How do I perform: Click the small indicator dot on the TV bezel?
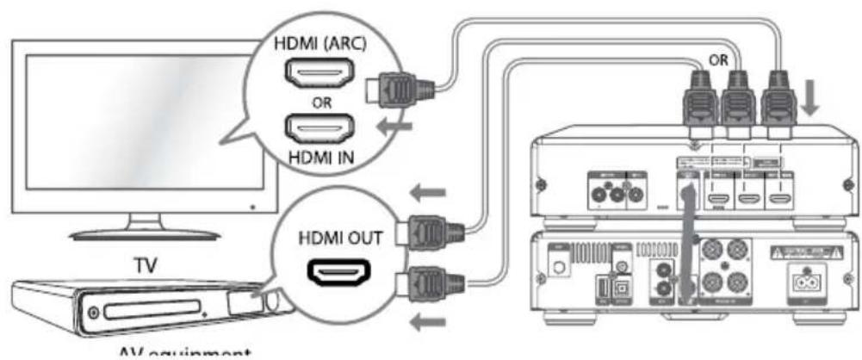[x=253, y=207]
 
